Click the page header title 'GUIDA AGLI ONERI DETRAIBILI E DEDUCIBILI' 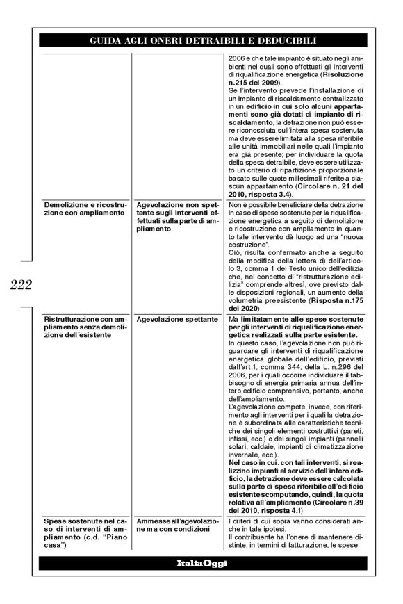[x=201, y=41]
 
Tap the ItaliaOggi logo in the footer [x=201, y=563]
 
